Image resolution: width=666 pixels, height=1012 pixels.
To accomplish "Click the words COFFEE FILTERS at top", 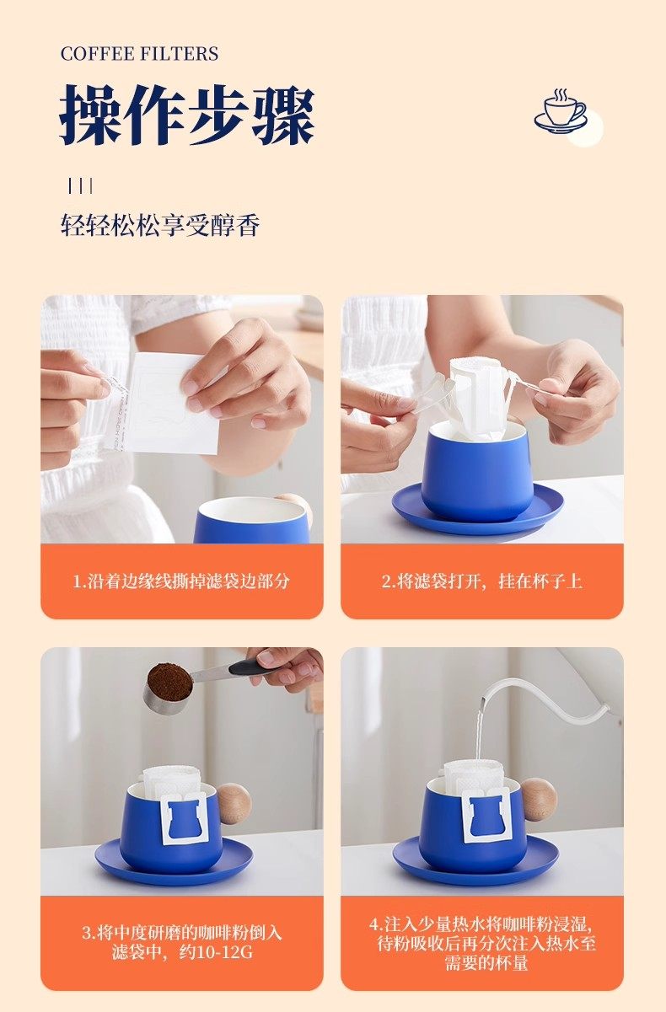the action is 139,54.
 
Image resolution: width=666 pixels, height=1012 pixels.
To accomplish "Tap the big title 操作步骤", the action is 187,115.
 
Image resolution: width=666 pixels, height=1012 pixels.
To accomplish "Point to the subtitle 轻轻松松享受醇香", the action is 160,224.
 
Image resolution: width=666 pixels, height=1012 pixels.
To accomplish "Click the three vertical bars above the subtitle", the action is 81,185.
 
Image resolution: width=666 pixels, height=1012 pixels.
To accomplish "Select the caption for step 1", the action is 181,581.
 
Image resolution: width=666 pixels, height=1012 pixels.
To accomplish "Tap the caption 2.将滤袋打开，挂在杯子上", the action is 482,581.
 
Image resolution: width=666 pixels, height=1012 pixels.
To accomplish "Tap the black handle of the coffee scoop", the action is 248,667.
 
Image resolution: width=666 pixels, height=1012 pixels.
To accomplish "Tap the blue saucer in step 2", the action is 478,508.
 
